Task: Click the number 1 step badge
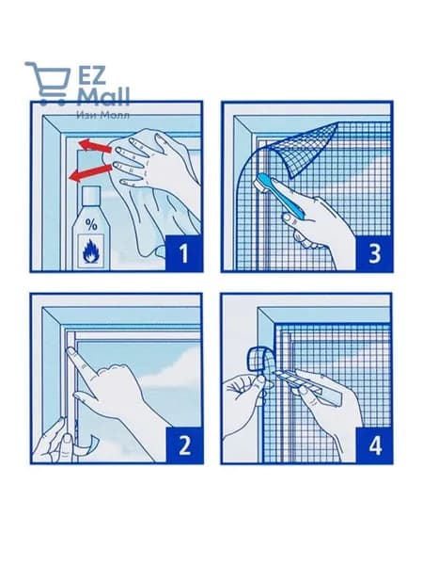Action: pyautogui.click(x=183, y=253)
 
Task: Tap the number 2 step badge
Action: pyautogui.click(x=184, y=444)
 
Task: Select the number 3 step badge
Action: pyautogui.click(x=374, y=253)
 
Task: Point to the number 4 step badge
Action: pyautogui.click(x=374, y=444)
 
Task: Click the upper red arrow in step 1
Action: pyautogui.click(x=96, y=145)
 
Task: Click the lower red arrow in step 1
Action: pyautogui.click(x=91, y=172)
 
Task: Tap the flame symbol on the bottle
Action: pyautogui.click(x=90, y=250)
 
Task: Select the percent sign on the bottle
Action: pyautogui.click(x=91, y=225)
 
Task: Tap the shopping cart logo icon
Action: pyautogui.click(x=48, y=84)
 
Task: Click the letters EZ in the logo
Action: pyautogui.click(x=92, y=75)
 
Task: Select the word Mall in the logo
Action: pyautogui.click(x=103, y=97)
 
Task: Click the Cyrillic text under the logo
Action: pyautogui.click(x=102, y=115)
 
